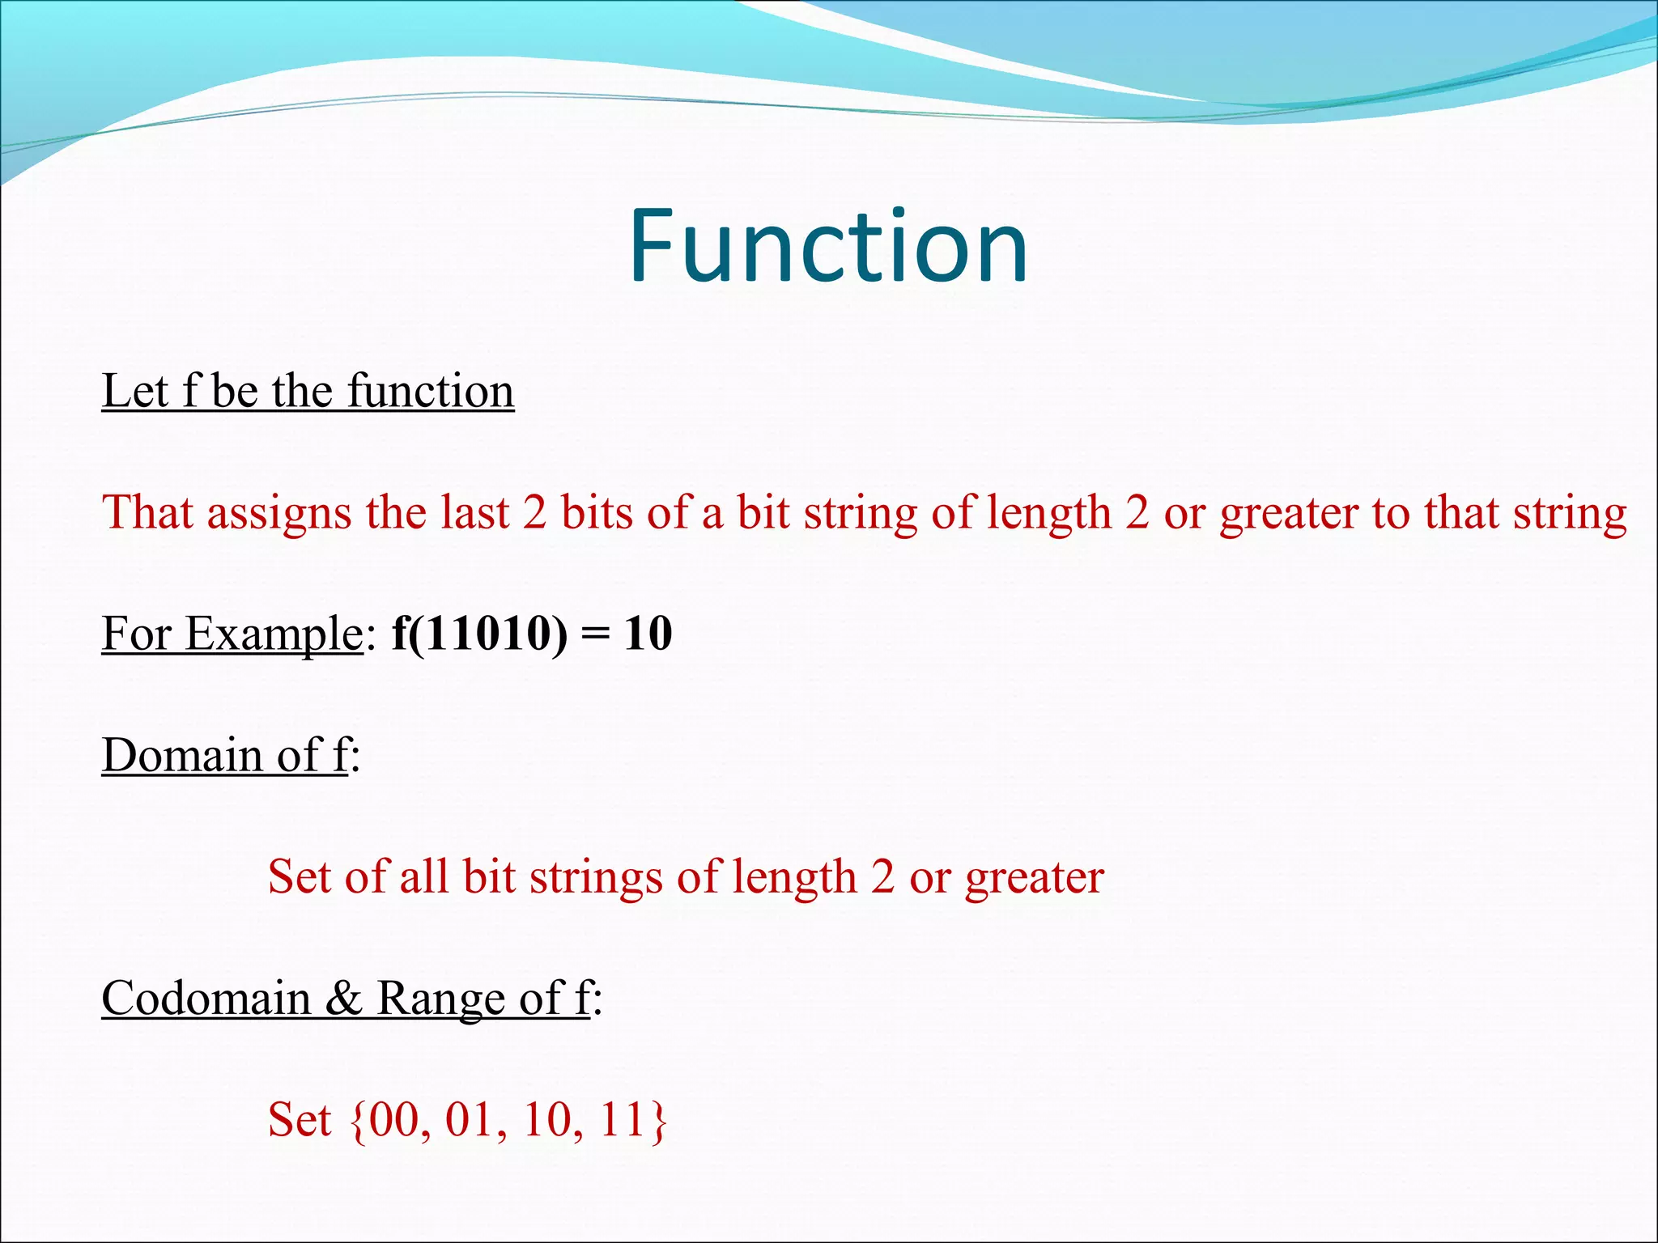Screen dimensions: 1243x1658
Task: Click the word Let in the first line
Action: (134, 392)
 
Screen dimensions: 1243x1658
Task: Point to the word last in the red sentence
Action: (475, 513)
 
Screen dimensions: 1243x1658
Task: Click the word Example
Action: (273, 634)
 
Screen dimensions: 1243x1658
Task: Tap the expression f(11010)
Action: (479, 634)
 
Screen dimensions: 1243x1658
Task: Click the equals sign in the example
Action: (595, 635)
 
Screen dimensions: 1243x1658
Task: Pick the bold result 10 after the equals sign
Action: (648, 634)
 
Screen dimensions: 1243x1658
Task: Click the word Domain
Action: (181, 756)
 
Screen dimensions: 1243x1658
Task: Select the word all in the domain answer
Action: (423, 877)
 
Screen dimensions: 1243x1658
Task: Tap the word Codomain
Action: (206, 999)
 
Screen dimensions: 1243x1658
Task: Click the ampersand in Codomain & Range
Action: (344, 999)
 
